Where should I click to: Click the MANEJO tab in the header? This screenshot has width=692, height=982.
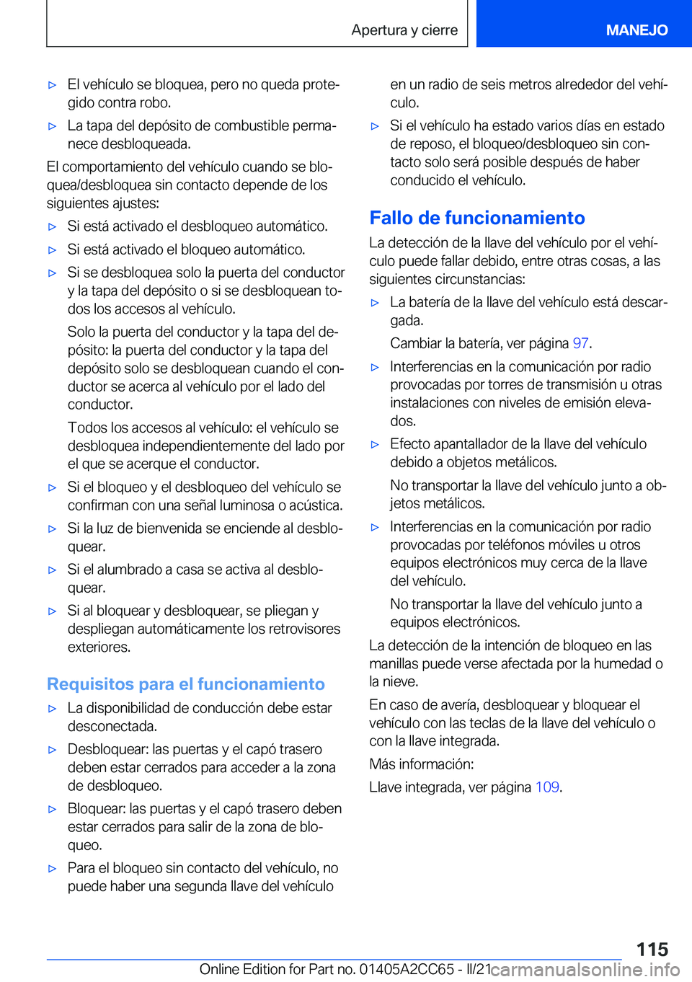pos(636,30)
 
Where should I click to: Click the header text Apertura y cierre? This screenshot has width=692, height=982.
pos(404,30)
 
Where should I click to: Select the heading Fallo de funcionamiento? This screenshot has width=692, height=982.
pos(476,218)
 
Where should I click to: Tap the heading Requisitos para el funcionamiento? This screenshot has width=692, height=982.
pos(185,684)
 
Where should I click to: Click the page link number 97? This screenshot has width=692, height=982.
pos(580,343)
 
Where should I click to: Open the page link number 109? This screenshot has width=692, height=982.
pos(547,787)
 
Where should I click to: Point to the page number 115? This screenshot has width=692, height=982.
pos(652,949)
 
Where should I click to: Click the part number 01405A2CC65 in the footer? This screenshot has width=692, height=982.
pos(407,970)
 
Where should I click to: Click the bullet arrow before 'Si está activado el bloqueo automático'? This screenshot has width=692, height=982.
pos(52,250)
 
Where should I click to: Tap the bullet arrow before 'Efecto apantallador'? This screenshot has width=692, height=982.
pos(375,445)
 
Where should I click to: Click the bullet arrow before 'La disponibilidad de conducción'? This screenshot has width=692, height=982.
pos(52,709)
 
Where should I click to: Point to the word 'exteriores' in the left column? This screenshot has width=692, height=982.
pos(99,647)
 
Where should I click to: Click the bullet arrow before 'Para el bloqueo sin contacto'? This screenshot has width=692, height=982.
pos(52,869)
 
